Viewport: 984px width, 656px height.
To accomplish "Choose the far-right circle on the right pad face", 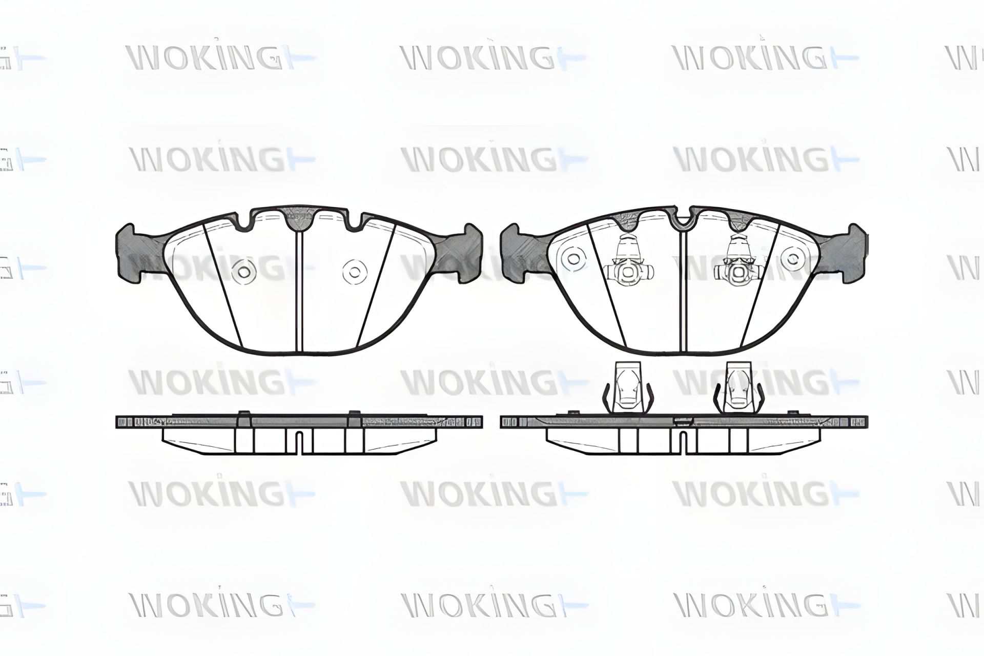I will pos(793,258).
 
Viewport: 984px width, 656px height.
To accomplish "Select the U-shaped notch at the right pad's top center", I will pos(682,220).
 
